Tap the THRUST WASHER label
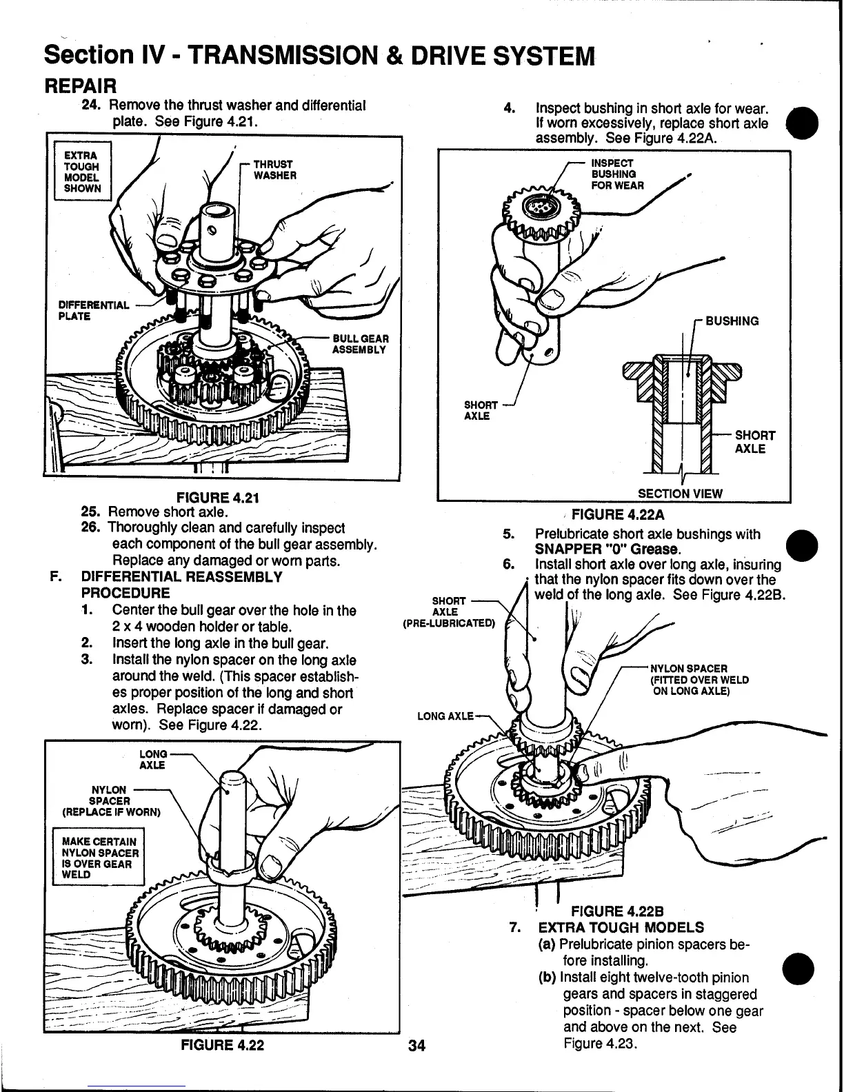(273, 170)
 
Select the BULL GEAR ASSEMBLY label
(360, 344)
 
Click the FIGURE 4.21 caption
(212, 497)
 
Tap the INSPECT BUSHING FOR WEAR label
(618, 174)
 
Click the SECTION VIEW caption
(680, 493)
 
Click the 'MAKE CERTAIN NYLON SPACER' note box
(99, 858)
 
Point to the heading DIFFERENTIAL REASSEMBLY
(181, 577)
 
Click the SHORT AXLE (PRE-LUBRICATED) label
(448, 612)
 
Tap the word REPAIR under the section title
(80, 86)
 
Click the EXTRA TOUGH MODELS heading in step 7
(621, 927)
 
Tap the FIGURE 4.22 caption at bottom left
(222, 1044)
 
